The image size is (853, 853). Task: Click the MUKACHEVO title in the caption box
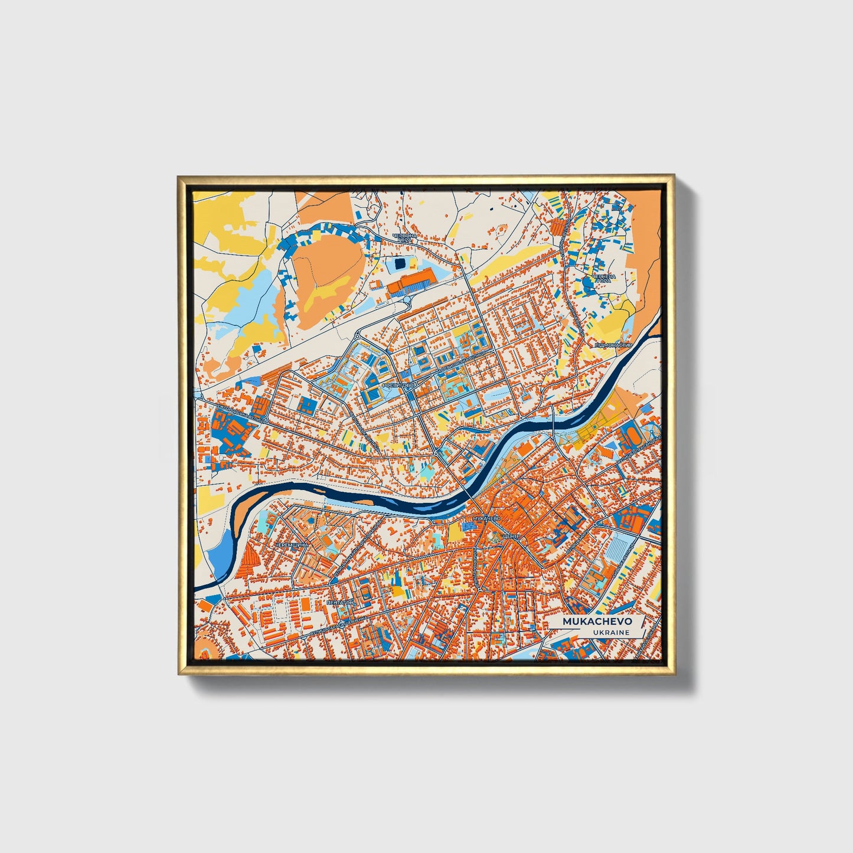(597, 622)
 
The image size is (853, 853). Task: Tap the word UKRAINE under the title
(612, 632)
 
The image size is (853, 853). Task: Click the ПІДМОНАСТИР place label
(613, 345)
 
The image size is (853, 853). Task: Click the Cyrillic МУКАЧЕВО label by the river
(485, 518)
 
